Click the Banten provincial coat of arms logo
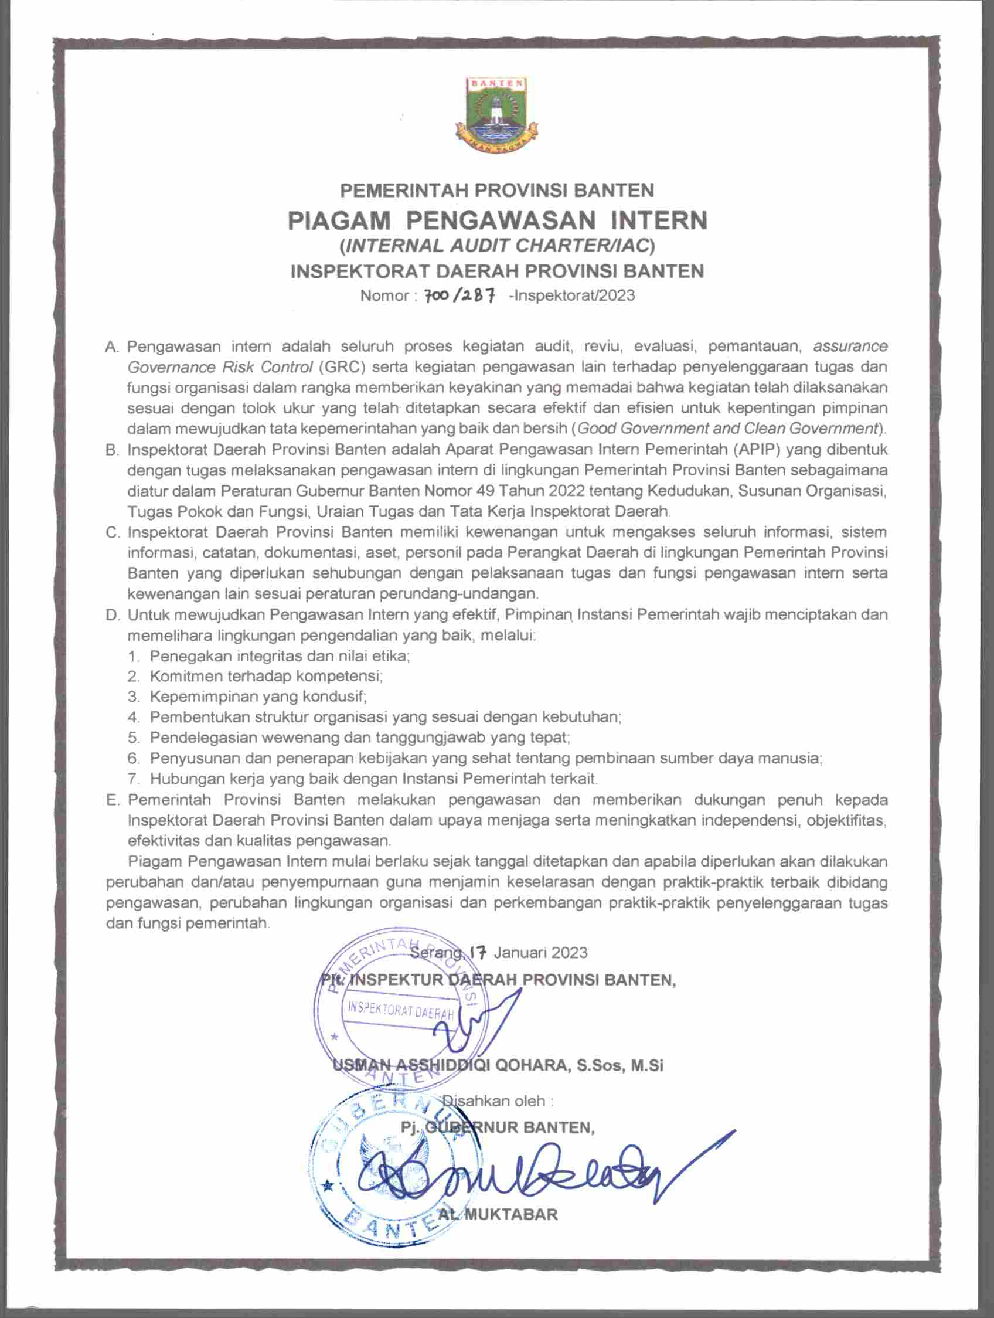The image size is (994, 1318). click(496, 114)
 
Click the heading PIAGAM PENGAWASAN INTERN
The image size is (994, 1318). click(498, 220)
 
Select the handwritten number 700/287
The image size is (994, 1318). click(458, 295)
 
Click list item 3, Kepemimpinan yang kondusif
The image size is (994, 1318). click(258, 696)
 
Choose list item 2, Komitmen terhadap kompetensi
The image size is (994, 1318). click(265, 675)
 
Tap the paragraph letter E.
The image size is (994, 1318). click(113, 800)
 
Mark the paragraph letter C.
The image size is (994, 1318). click(113, 533)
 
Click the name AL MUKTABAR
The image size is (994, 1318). click(498, 1214)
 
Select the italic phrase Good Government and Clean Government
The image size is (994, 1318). click(728, 429)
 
